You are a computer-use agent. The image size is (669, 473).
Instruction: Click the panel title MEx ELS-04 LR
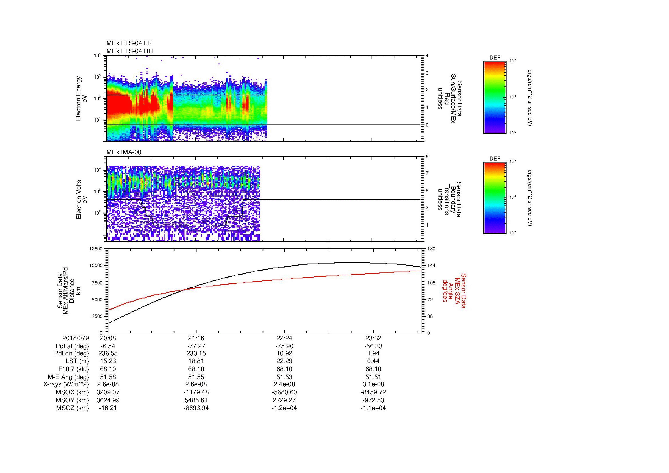pyautogui.click(x=129, y=43)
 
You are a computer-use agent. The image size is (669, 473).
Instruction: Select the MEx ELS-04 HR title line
pyautogui.click(x=129, y=51)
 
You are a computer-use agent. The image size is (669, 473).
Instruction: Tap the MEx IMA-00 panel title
pyautogui.click(x=124, y=152)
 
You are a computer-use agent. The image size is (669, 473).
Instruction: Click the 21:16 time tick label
pyautogui.click(x=196, y=338)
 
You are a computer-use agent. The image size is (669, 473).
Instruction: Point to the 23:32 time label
pyautogui.click(x=373, y=338)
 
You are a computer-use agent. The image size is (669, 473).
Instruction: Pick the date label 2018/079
pyautogui.click(x=76, y=338)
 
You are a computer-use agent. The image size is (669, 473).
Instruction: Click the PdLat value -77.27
pyautogui.click(x=196, y=346)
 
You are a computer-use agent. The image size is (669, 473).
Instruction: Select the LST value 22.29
pyautogui.click(x=284, y=361)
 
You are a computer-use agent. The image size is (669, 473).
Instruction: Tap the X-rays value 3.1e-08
pyautogui.click(x=373, y=384)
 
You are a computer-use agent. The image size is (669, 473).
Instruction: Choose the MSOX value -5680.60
pyautogui.click(x=284, y=392)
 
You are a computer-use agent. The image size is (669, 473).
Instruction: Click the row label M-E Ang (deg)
pyautogui.click(x=68, y=377)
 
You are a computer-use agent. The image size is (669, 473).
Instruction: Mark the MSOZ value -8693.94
pyautogui.click(x=196, y=408)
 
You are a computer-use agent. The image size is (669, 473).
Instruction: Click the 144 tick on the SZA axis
pyautogui.click(x=431, y=266)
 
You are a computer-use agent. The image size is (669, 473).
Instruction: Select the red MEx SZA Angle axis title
pyautogui.click(x=454, y=290)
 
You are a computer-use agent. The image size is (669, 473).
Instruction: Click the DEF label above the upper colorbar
pyautogui.click(x=495, y=58)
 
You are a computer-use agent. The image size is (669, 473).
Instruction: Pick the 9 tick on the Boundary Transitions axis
pyautogui.click(x=427, y=157)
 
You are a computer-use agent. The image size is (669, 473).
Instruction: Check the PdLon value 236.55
pyautogui.click(x=108, y=353)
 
